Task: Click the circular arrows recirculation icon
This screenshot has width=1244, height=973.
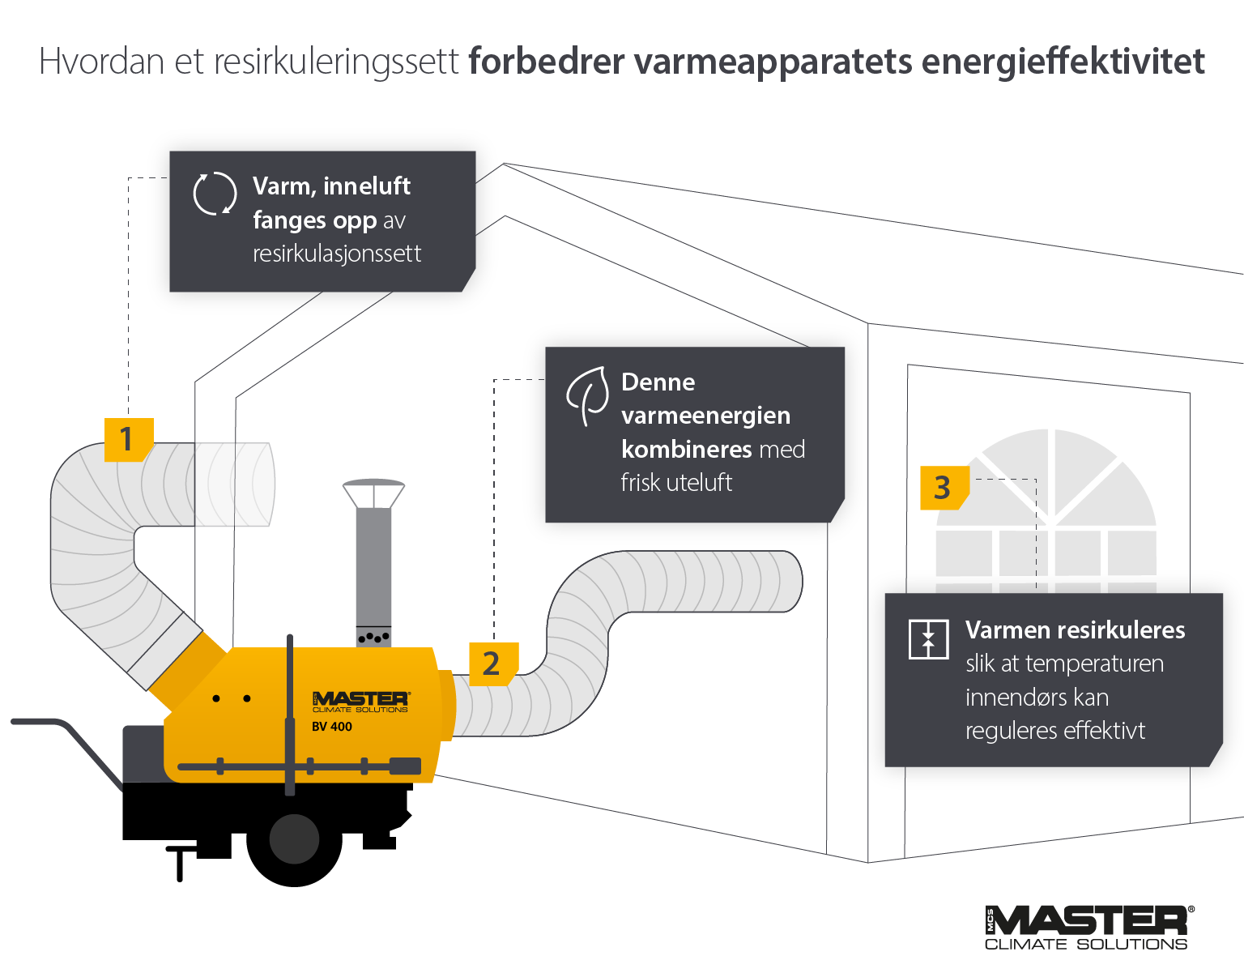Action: point(215,194)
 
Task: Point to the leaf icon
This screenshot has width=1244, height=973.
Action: point(589,395)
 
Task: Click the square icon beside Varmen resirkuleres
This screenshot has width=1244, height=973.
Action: point(928,639)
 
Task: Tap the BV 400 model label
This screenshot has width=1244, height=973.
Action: point(332,727)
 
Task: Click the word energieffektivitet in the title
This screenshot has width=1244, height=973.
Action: point(1063,62)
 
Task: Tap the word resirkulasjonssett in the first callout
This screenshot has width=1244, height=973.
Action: point(337,254)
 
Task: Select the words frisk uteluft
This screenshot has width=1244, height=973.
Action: point(676,483)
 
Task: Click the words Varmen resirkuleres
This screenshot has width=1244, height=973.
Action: point(1075,630)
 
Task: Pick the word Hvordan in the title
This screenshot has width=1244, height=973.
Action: point(101,62)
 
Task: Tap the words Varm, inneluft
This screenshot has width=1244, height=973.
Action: point(331,186)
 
